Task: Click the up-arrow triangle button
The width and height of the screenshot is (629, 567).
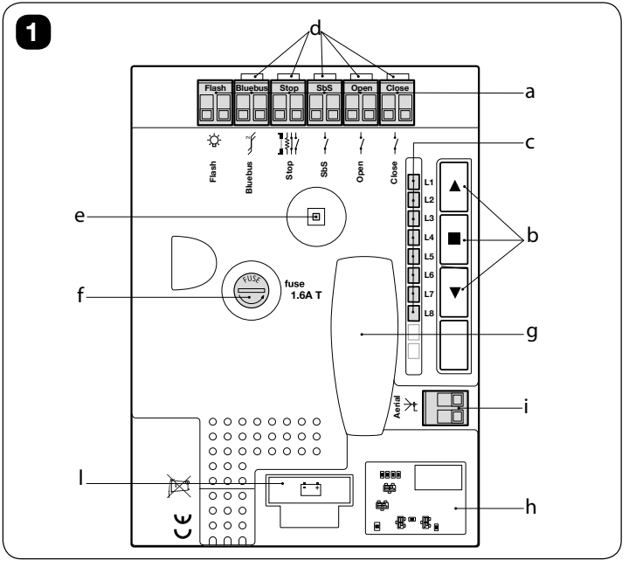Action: click(454, 187)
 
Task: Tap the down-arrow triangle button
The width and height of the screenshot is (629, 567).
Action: click(454, 292)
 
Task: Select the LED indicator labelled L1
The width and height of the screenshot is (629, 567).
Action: click(413, 183)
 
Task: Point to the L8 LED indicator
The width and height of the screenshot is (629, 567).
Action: click(413, 314)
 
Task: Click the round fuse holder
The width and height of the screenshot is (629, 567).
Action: click(252, 291)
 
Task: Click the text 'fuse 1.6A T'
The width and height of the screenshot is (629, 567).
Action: click(303, 290)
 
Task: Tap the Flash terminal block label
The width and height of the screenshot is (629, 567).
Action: click(216, 88)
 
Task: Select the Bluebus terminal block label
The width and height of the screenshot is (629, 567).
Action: click(252, 88)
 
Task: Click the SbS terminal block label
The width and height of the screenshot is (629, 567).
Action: click(324, 88)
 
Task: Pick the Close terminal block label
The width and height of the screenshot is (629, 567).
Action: click(397, 88)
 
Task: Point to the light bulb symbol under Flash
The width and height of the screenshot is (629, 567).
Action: click(214, 141)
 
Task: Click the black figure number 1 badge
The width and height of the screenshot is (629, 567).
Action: click(33, 32)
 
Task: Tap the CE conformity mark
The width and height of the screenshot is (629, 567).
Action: click(183, 526)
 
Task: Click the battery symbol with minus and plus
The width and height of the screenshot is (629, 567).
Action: click(311, 488)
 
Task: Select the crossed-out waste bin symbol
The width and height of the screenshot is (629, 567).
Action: click(178, 486)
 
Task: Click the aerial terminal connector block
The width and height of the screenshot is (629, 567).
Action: click(446, 408)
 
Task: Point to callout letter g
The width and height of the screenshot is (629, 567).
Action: click(532, 333)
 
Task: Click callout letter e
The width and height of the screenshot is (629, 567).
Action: click(79, 217)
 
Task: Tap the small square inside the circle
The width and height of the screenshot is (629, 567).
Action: click(316, 217)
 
